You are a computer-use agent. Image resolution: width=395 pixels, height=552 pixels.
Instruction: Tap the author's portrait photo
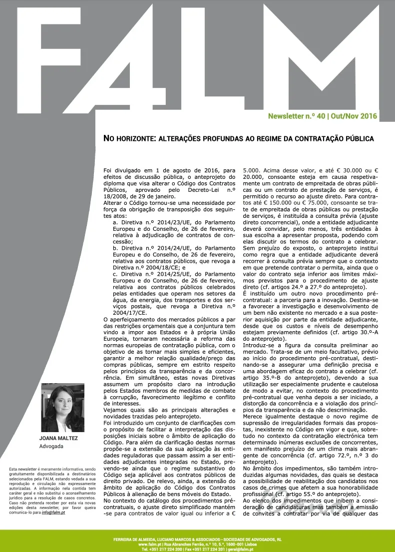[62, 408]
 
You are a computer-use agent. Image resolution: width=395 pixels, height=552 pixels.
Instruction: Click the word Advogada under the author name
[51, 446]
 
